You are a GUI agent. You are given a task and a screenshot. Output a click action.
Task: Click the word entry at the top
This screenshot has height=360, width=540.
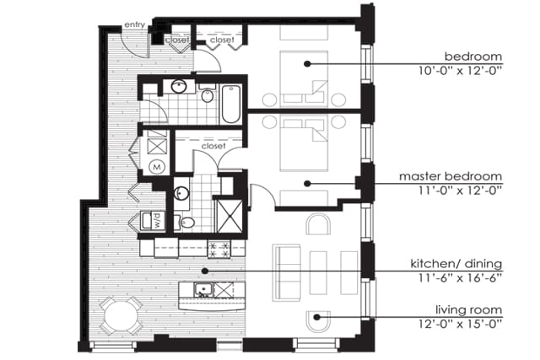point(135,24)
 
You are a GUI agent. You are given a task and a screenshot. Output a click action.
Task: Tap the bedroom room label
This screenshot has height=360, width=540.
point(473,56)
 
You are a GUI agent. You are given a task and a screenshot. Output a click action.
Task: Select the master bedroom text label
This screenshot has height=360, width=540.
point(451,176)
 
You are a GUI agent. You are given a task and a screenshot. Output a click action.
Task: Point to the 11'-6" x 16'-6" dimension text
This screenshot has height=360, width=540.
point(460,277)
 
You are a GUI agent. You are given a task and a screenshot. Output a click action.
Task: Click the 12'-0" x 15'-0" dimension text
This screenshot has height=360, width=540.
point(460,324)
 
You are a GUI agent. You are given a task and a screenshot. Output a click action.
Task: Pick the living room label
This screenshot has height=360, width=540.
point(469,309)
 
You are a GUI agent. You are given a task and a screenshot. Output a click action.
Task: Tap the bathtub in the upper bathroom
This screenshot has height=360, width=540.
point(230,105)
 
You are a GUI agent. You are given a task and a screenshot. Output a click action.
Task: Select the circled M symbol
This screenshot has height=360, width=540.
point(157,167)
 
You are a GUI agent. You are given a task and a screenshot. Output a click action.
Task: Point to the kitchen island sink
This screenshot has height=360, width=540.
point(202,290)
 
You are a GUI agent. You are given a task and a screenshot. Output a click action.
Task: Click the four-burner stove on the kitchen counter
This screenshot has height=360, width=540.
point(219,249)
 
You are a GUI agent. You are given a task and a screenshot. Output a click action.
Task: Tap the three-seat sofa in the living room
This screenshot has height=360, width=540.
point(287,272)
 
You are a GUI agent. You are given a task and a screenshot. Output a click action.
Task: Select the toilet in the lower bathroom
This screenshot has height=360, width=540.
point(186,223)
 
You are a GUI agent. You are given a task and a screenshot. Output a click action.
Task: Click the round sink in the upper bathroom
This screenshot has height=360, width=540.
point(179,87)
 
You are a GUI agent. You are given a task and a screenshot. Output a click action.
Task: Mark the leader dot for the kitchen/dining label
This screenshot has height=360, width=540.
point(205,271)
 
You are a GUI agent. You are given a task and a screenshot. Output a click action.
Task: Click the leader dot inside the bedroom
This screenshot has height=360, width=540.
point(307,64)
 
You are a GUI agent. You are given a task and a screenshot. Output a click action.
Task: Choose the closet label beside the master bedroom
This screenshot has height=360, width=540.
point(213,146)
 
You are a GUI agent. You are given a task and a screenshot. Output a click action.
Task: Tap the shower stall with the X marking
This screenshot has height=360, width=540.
point(229,216)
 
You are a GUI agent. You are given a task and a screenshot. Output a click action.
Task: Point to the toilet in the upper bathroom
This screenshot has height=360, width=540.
point(207,94)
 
